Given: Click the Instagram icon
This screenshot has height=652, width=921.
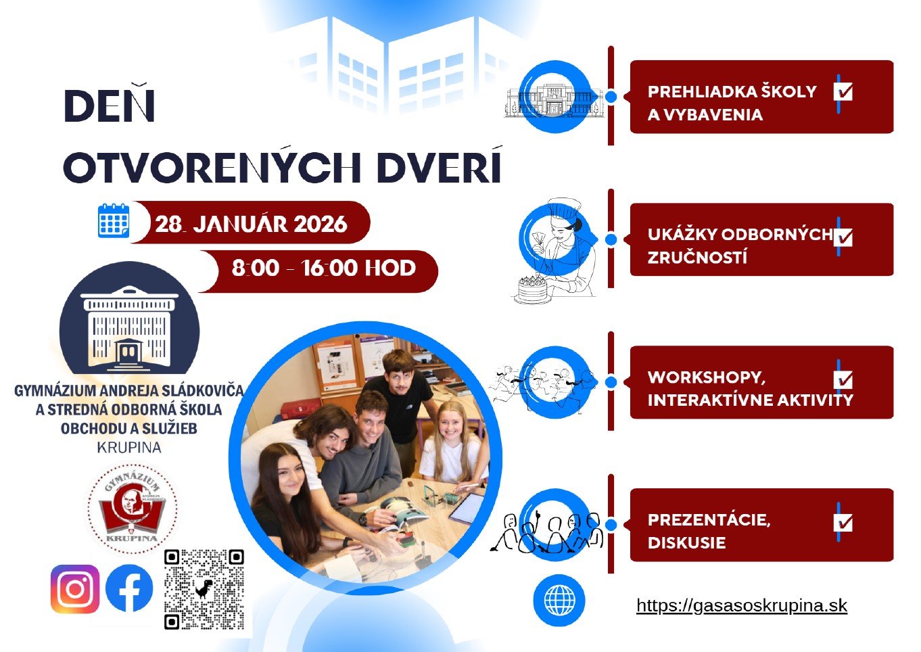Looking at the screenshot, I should (x=75, y=589).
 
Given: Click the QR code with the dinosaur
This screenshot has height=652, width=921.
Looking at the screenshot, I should (x=204, y=589).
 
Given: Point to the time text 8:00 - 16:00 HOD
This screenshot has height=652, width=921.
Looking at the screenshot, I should (x=323, y=269).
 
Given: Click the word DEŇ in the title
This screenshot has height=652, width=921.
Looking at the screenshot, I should (x=109, y=106).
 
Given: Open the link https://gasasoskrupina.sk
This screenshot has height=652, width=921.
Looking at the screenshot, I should (x=742, y=605).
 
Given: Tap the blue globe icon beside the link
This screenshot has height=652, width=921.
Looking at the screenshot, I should (x=559, y=601).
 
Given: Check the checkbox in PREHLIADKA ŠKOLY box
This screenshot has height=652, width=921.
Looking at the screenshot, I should (x=843, y=91).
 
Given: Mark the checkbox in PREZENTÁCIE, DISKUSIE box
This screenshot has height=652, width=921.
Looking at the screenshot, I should (x=843, y=523).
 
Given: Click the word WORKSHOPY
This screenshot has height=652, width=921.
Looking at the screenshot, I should (x=706, y=377).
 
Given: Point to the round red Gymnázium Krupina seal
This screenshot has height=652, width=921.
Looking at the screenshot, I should (x=133, y=507).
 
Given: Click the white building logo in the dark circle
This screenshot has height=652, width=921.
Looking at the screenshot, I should (x=129, y=327).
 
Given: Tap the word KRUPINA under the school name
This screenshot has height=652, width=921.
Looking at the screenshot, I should (x=129, y=447).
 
